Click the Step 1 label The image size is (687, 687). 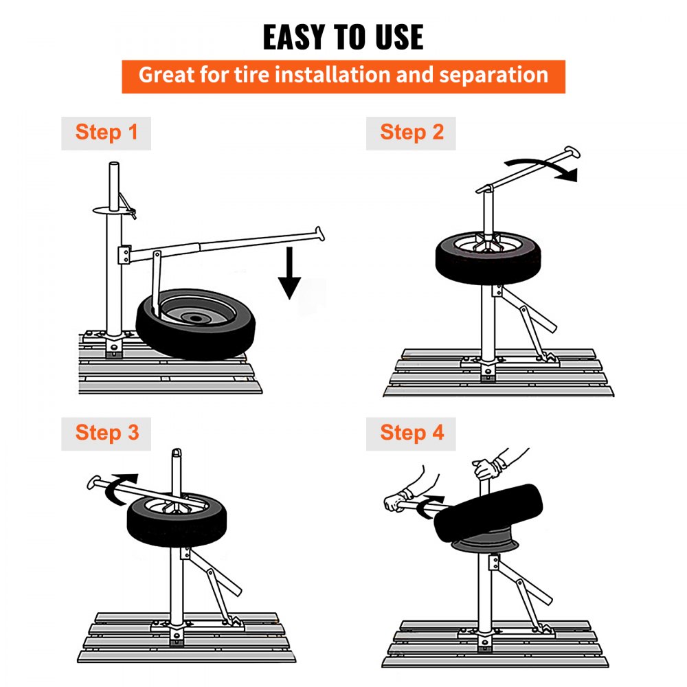(x=106, y=133)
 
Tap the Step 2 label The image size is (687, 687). (x=412, y=133)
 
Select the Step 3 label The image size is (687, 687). (x=106, y=433)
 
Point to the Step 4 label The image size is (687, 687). (x=412, y=433)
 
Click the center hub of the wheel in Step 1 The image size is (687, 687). (x=197, y=318)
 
